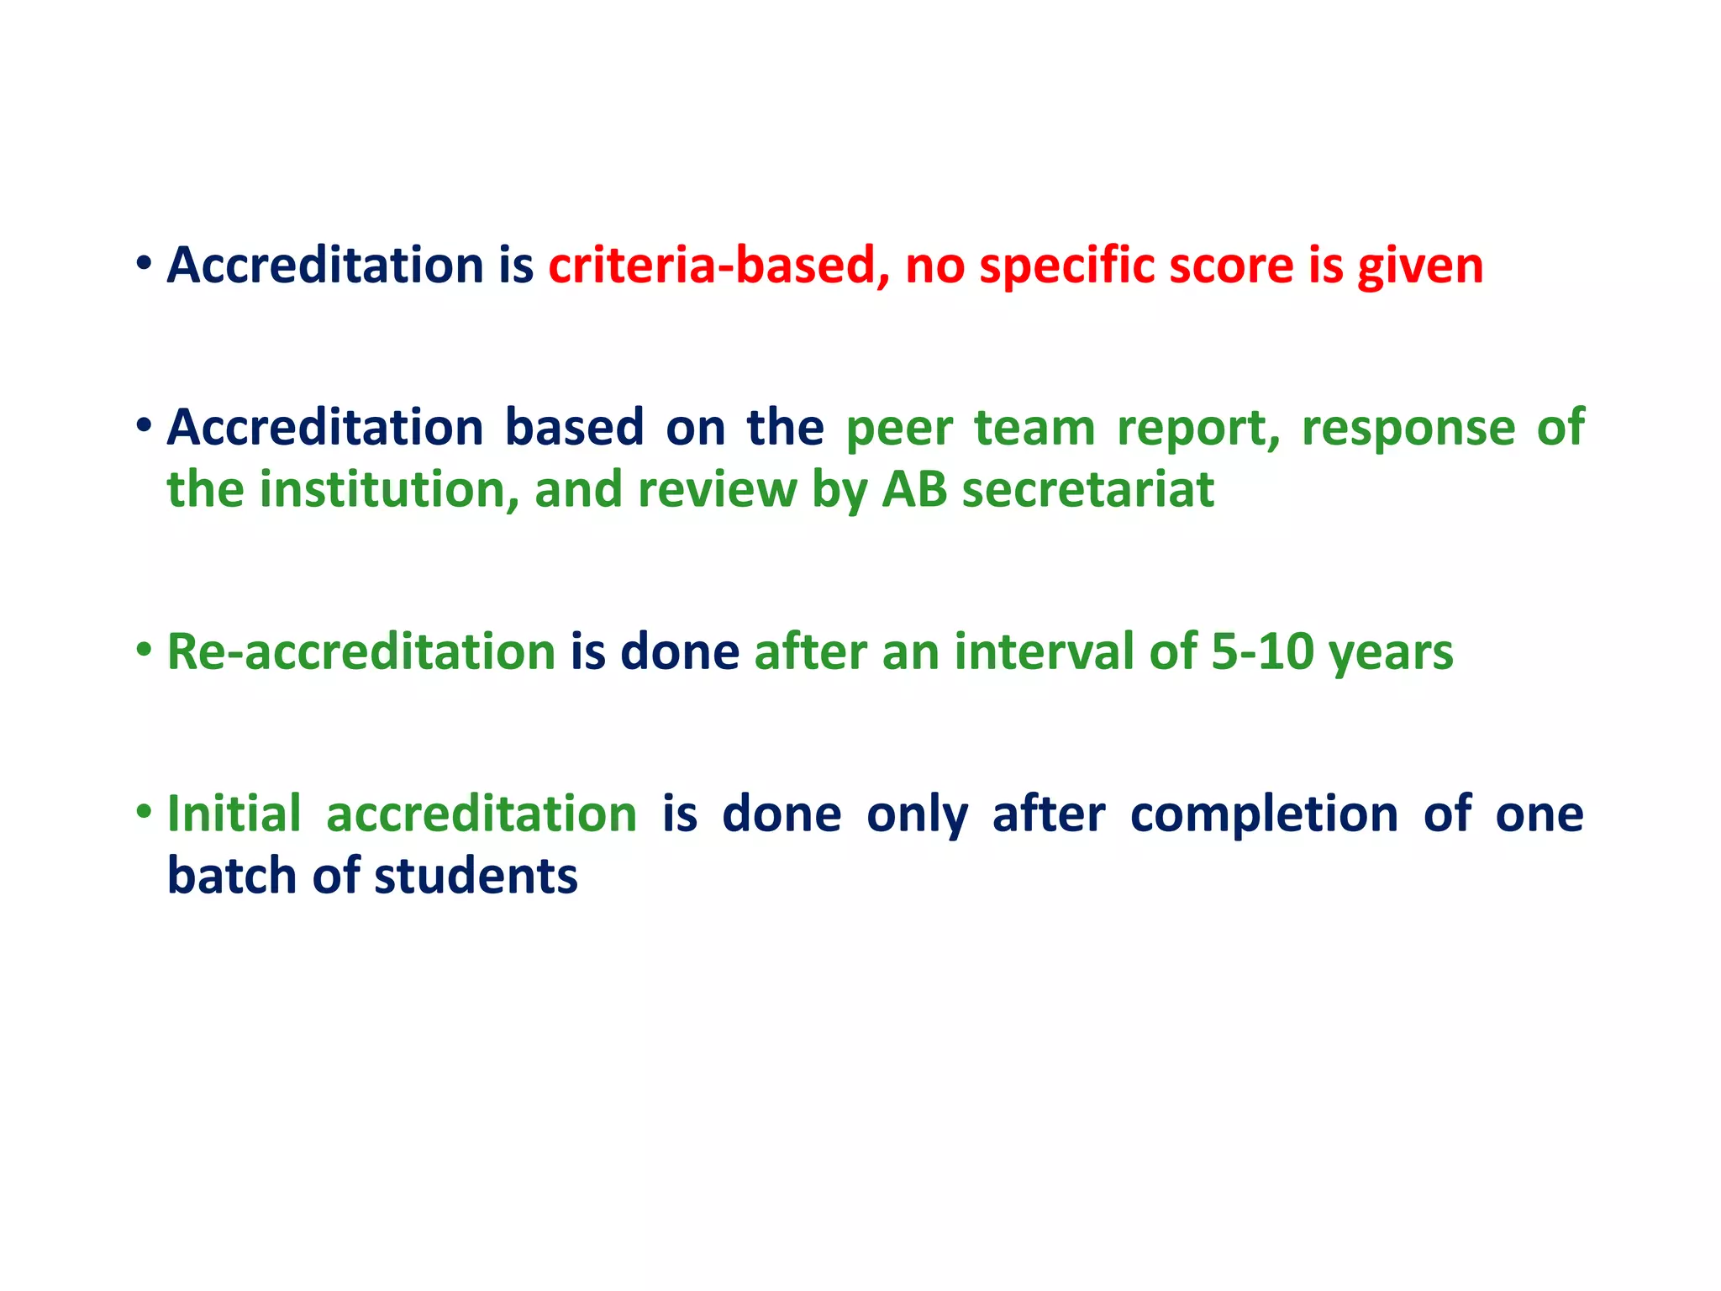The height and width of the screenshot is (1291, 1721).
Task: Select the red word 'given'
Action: (x=1420, y=267)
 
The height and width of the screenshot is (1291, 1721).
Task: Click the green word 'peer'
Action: (x=899, y=429)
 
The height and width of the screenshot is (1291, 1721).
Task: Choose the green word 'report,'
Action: (x=1198, y=429)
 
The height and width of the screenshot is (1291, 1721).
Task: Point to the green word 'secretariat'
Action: (x=1088, y=490)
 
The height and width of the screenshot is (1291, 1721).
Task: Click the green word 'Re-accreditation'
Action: (x=361, y=652)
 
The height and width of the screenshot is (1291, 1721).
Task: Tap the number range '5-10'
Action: (x=1262, y=652)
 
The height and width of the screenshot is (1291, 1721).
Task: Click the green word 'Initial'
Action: (x=234, y=814)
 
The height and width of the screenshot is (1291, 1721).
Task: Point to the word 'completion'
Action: (x=1265, y=815)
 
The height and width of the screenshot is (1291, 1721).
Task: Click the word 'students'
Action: (x=476, y=877)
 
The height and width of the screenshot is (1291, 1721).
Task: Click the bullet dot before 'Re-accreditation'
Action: (x=145, y=649)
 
